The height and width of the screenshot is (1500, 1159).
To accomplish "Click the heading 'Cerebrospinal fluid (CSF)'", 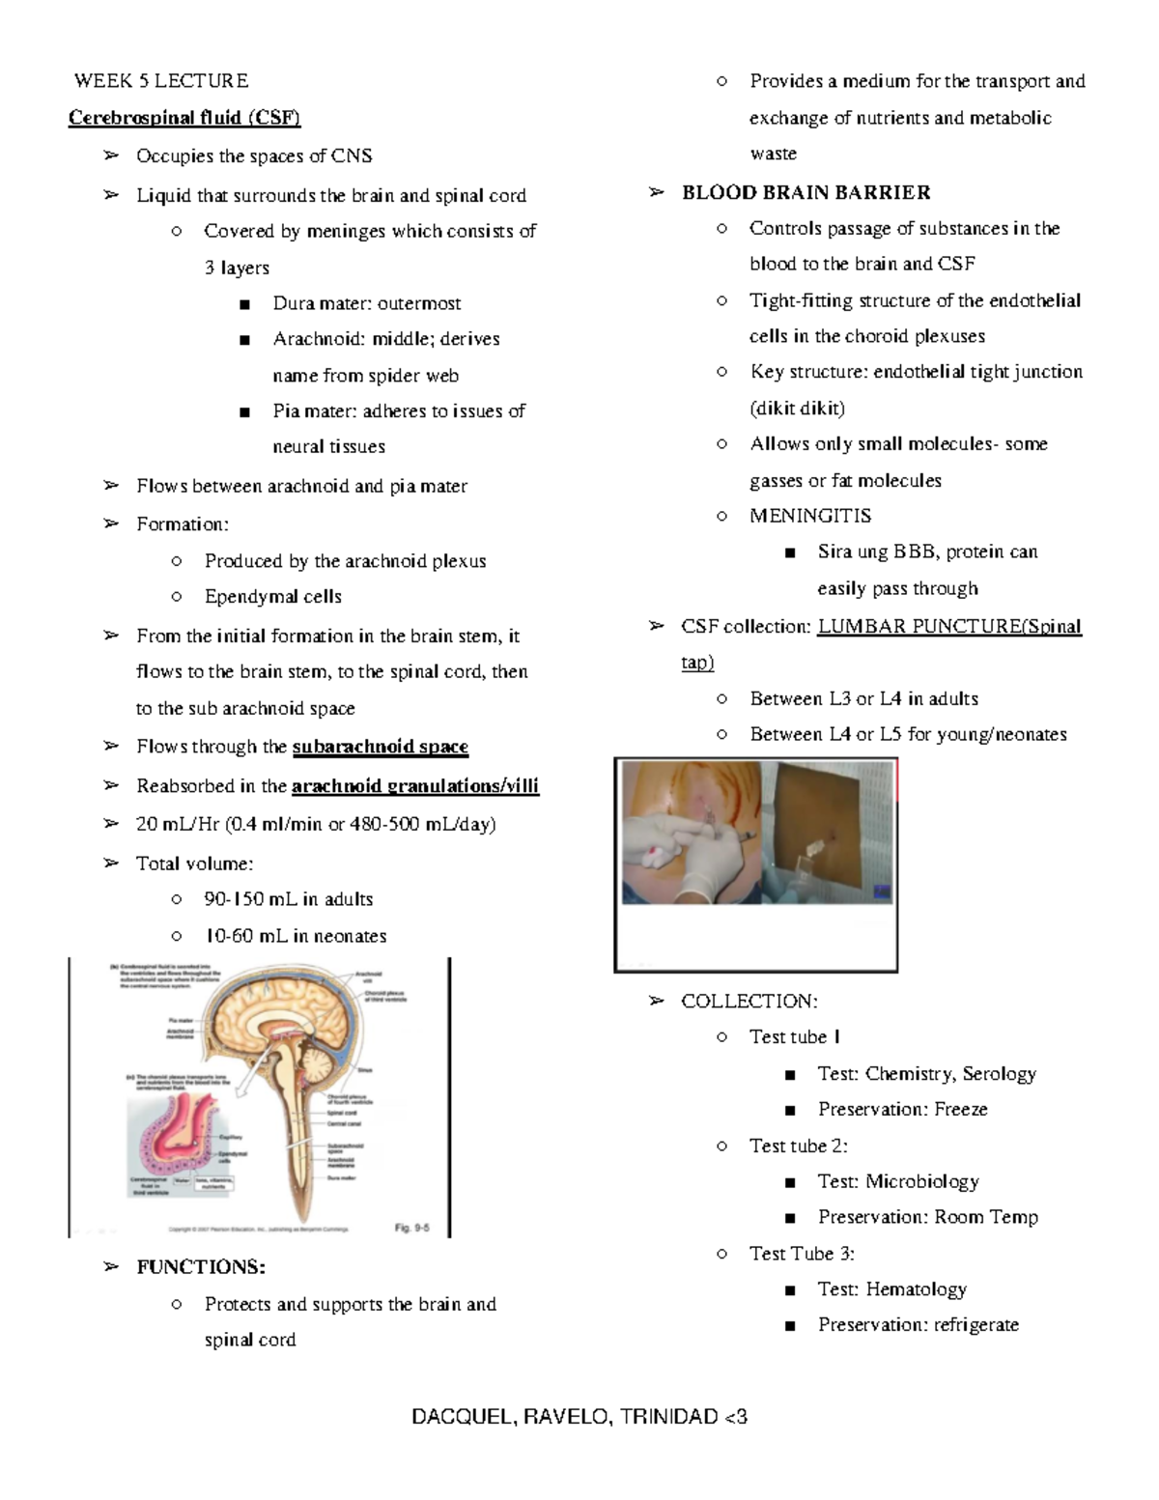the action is tap(184, 118).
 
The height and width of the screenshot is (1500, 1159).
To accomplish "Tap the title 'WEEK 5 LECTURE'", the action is tap(161, 80).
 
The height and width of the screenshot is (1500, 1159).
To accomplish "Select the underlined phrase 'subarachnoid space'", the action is tap(380, 747).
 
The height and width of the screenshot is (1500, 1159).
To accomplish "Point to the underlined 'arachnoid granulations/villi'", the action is tap(414, 786).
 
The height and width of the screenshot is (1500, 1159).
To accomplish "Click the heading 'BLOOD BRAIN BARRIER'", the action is tap(806, 192).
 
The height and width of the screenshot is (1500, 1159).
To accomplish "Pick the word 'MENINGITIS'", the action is tap(810, 516).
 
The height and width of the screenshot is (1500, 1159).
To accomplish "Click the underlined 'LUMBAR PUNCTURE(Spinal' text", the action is tap(949, 626).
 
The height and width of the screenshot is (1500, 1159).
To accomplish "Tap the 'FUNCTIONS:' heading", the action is tap(201, 1266).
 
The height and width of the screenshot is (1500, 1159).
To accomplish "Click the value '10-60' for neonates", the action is tap(229, 936).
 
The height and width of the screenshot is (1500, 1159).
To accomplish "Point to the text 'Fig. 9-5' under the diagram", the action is tap(411, 1229).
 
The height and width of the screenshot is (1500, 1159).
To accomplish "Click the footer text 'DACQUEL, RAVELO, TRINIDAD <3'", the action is tap(579, 1417).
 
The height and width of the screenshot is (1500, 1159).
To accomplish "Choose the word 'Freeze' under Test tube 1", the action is tap(961, 1109).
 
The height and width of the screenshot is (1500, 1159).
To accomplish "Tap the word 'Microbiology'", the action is tap(922, 1181).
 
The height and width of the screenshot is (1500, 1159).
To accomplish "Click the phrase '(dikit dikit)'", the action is tap(797, 408).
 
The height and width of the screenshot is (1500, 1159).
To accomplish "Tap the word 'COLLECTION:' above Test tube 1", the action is tap(749, 1001).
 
